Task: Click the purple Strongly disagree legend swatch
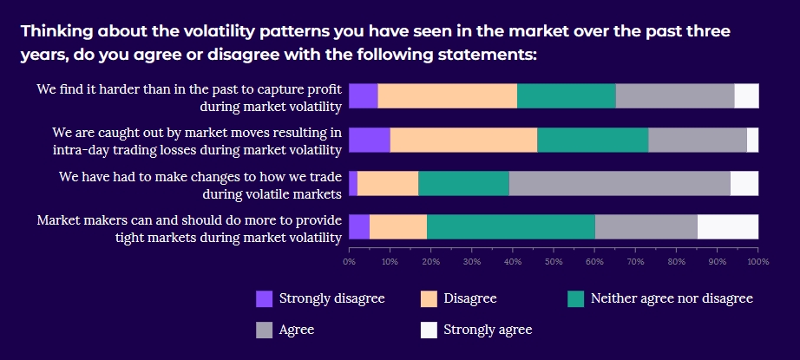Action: [x=265, y=299]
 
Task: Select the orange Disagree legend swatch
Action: [x=429, y=299]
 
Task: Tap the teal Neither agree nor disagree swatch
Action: [x=576, y=299]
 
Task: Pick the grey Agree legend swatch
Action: [x=265, y=330]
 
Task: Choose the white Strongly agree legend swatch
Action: [x=429, y=330]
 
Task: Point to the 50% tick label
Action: [x=554, y=260]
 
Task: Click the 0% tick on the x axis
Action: [x=349, y=260]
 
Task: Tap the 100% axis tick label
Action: [x=757, y=260]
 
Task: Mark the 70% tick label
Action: [x=635, y=260]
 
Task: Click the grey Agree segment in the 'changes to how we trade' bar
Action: [x=620, y=183]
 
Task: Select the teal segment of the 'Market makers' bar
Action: [x=511, y=226]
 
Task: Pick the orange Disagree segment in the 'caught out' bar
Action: [x=463, y=140]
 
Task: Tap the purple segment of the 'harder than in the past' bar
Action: [x=363, y=96]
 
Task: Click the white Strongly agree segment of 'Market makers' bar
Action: [x=728, y=226]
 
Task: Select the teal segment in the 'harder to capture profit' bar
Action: [x=567, y=96]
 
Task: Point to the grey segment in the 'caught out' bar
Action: [x=698, y=140]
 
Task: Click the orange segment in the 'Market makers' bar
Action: [x=398, y=226]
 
